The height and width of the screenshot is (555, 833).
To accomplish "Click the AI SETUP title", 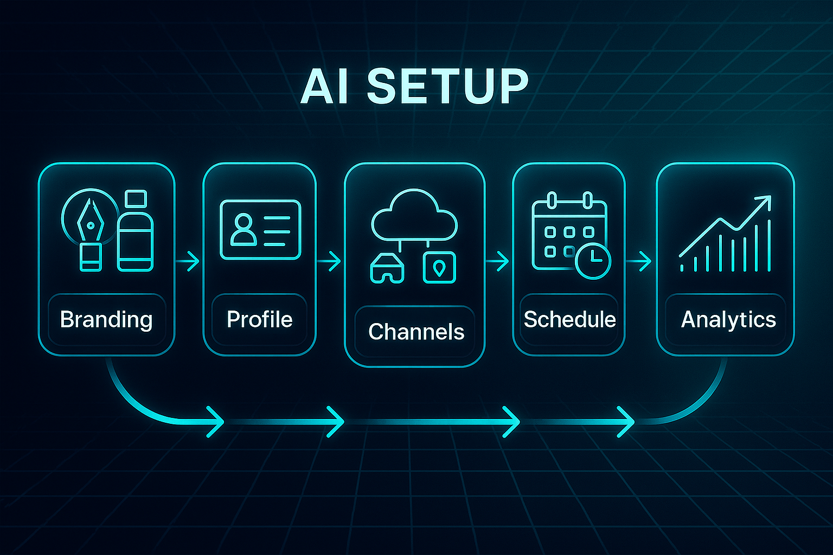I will (x=414, y=87).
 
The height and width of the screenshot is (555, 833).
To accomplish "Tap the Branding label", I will (x=106, y=319).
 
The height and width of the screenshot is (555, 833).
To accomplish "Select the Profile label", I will (x=259, y=319).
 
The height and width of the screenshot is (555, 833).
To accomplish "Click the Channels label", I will (x=416, y=332).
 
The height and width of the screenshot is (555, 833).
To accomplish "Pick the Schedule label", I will (x=569, y=319).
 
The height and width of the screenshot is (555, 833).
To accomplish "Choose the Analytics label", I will (x=728, y=319).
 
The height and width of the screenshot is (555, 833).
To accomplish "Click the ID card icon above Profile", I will (x=260, y=230).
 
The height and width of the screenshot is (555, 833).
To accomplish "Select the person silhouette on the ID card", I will (x=243, y=229).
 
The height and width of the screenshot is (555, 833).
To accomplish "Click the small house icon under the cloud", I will (x=387, y=268).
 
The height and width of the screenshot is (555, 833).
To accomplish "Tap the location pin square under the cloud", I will (x=439, y=268).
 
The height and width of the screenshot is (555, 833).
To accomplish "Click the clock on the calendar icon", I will (x=593, y=261).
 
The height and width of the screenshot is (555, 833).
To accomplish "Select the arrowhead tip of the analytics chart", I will (x=765, y=201).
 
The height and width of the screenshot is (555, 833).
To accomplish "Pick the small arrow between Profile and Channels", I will (x=330, y=261).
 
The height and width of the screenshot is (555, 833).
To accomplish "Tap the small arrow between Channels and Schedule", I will (x=498, y=261).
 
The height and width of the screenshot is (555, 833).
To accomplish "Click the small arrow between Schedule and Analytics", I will (x=640, y=261).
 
